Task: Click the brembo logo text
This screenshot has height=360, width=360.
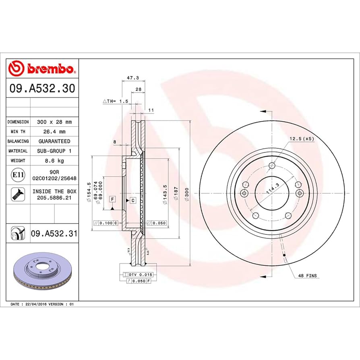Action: click(x=50, y=69)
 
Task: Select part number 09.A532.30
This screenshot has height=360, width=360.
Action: click(x=41, y=89)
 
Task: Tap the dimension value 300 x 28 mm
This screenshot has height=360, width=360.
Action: click(x=54, y=122)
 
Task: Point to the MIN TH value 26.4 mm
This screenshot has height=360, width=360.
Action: click(x=54, y=131)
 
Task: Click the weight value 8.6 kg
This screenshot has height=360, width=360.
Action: click(x=54, y=161)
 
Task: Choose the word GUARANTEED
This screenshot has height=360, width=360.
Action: click(x=54, y=141)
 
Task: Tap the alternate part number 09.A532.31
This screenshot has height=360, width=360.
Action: click(x=54, y=234)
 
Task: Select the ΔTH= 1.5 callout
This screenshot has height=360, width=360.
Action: click(x=115, y=101)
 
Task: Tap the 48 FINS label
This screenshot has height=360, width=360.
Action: click(x=307, y=276)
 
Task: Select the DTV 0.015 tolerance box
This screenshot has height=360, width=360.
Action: click(x=139, y=274)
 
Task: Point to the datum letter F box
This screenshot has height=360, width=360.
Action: click(x=112, y=199)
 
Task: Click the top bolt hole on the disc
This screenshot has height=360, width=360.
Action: click(x=272, y=166)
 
